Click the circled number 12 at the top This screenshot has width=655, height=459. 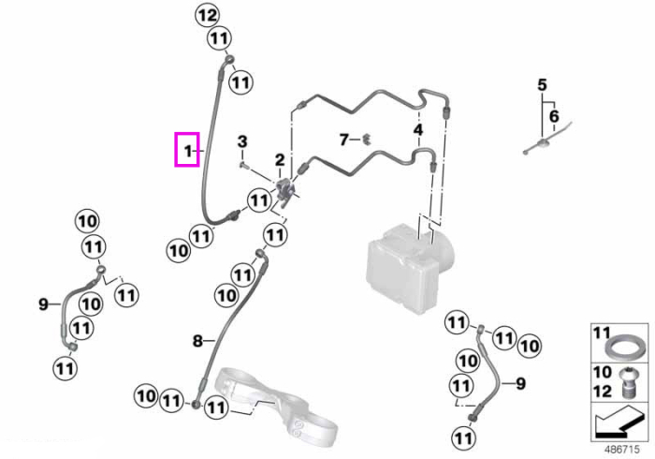tap(208, 16)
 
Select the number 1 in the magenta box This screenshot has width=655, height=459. tap(188, 150)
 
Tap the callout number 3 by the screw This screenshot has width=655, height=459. tap(242, 141)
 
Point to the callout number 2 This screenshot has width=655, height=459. tap(280, 159)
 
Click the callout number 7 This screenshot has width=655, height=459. tap(343, 140)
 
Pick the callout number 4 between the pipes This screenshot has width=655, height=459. tap(418, 130)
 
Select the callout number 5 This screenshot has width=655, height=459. tap(542, 85)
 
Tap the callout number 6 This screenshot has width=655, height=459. tap(554, 116)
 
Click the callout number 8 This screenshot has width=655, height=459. tap(197, 342)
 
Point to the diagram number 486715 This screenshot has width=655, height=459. tap(622, 450)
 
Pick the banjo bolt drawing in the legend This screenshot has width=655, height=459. tap(625, 381)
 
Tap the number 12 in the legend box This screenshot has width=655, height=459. tap(603, 392)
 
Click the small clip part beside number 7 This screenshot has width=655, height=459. tap(367, 139)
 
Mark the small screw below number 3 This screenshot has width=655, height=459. tap(244, 166)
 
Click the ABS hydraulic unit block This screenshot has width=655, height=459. tap(409, 269)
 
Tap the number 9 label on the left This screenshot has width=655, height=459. tap(43, 304)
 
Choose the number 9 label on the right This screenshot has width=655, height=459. tap(520, 383)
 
